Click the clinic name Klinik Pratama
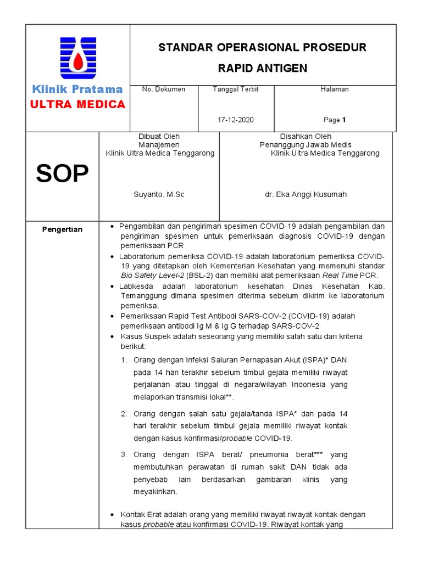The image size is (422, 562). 77,89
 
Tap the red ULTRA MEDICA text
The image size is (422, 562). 77,104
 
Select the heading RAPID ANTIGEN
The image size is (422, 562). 263,69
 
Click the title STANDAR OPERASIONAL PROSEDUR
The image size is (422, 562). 263,48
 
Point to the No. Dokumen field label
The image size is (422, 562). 164,89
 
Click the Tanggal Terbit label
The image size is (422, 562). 236,89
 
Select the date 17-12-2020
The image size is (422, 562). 236,120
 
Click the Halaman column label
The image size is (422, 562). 335,89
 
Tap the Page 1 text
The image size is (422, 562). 335,120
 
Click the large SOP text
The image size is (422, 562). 62,175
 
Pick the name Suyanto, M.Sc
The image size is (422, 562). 159,194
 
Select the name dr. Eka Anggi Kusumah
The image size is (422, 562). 306,194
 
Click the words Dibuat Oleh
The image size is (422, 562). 159,136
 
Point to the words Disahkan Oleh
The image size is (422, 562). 306,136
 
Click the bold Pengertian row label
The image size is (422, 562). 62,229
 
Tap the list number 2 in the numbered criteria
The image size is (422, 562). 124,413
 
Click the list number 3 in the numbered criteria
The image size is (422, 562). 124,454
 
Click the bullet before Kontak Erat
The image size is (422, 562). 113,515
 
